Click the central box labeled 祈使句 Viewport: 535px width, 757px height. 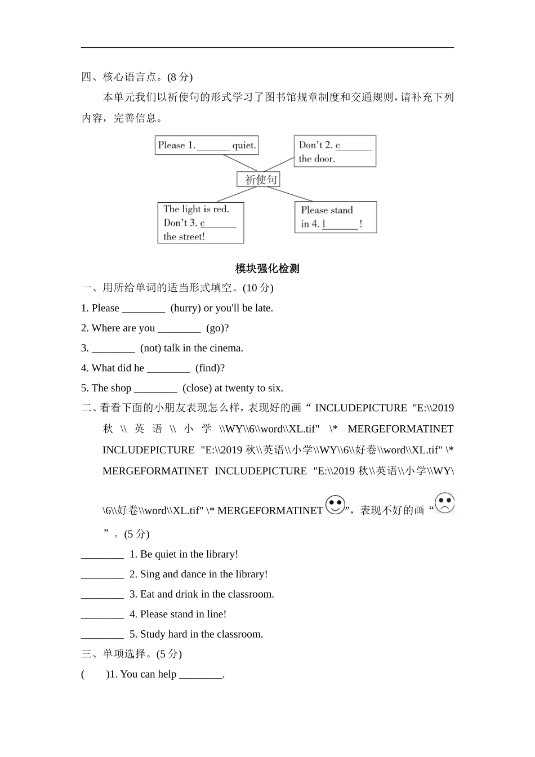[x=258, y=180]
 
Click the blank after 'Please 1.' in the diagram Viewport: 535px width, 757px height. [x=213, y=146]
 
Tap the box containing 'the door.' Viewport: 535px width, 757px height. [x=335, y=151]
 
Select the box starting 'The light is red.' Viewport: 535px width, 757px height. [x=200, y=222]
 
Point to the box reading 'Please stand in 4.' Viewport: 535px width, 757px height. [x=335, y=217]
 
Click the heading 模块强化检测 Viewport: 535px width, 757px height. [x=267, y=269]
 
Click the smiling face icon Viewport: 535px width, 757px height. [x=335, y=505]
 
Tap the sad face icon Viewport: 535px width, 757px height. [x=444, y=503]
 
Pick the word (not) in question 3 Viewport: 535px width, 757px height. [x=150, y=348]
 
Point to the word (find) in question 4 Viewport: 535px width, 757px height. [x=210, y=368]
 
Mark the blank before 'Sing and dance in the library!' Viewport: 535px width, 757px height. [x=102, y=575]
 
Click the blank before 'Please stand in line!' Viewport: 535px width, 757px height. [x=102, y=615]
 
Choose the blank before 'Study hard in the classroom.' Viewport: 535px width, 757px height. [x=102, y=635]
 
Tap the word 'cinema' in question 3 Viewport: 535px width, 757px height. [x=225, y=348]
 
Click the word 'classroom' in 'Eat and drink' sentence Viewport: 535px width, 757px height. [x=249, y=594]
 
